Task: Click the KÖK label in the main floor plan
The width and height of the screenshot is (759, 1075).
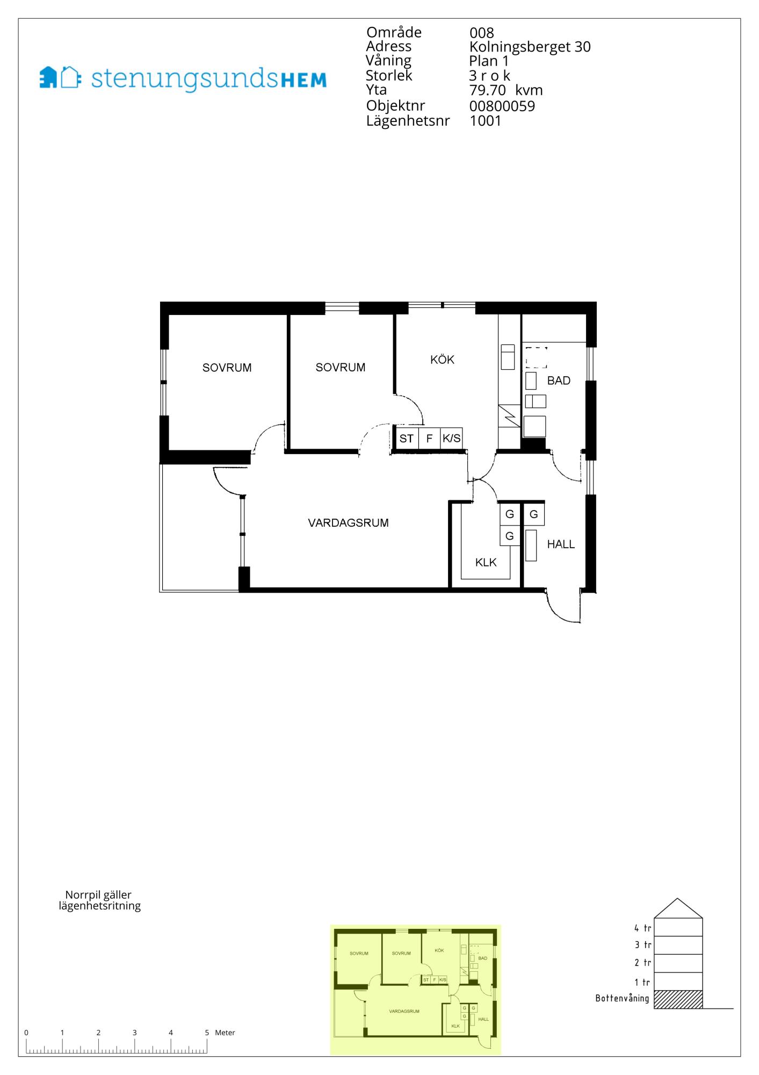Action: tap(442, 360)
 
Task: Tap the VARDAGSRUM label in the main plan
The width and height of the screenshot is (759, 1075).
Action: tap(348, 522)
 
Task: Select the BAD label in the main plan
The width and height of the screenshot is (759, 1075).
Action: tap(559, 381)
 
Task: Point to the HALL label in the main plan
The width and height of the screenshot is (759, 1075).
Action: tap(561, 544)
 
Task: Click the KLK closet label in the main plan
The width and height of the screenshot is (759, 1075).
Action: tap(486, 562)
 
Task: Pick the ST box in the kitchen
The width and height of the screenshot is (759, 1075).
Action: tap(407, 439)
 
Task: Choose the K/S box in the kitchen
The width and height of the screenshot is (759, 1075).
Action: tap(451, 439)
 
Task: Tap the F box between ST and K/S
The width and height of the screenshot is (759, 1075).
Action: tap(429, 439)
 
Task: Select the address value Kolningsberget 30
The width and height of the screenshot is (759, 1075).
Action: tap(530, 47)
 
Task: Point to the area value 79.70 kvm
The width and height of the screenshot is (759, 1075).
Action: tap(506, 90)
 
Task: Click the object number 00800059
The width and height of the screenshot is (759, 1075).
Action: tap(502, 106)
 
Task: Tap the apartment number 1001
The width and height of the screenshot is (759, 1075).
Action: tap(486, 120)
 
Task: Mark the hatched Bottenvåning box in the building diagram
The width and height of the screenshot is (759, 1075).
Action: tap(678, 999)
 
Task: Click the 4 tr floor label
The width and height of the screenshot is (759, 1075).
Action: tap(642, 928)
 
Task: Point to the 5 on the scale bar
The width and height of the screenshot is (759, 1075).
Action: tap(207, 1033)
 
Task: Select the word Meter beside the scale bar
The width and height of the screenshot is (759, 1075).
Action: tap(225, 1033)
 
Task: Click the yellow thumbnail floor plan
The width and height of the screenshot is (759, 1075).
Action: tap(415, 990)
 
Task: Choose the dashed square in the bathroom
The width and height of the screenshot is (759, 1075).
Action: tap(536, 358)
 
